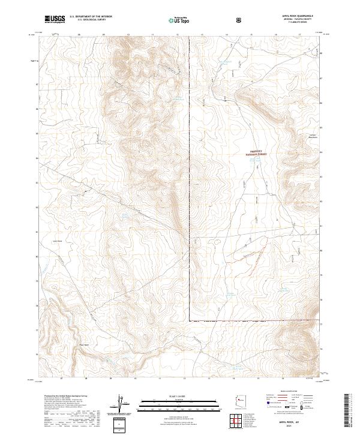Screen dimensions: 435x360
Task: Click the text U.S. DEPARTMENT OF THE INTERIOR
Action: [91, 17]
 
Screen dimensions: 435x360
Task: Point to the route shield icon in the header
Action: [240, 20]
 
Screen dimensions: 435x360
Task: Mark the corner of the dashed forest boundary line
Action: [189, 322]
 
